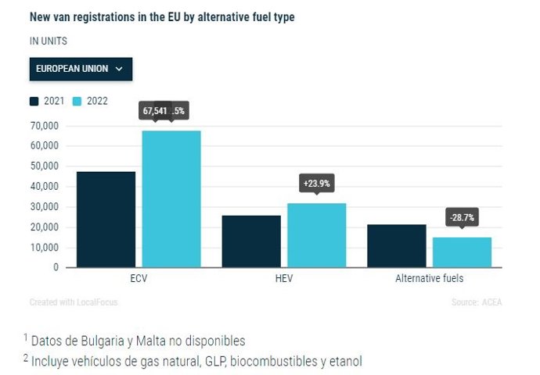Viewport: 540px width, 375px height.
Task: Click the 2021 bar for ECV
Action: (106, 220)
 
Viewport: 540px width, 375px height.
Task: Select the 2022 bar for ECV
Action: (171, 199)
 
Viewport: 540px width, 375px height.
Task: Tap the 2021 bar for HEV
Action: (251, 241)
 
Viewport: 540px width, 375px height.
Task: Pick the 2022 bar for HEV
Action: (316, 235)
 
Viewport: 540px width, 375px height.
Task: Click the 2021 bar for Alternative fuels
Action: (397, 246)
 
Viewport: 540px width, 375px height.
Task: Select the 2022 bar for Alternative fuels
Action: (462, 252)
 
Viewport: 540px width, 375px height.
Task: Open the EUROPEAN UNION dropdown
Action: (81, 69)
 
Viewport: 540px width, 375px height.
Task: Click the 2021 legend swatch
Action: (34, 101)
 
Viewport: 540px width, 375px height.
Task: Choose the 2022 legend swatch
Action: (77, 101)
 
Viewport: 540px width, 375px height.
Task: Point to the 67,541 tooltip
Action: (155, 111)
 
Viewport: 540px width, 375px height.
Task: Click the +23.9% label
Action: (316, 184)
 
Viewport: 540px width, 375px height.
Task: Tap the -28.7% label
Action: (462, 216)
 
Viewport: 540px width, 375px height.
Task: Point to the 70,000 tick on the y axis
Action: (45, 126)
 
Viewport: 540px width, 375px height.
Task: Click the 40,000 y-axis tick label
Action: (45, 187)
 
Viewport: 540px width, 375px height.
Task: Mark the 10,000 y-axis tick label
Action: (45, 248)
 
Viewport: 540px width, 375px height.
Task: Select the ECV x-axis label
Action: (139, 278)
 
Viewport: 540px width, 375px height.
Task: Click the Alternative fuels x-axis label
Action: (429, 278)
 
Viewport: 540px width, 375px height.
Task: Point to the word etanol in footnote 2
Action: (345, 361)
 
